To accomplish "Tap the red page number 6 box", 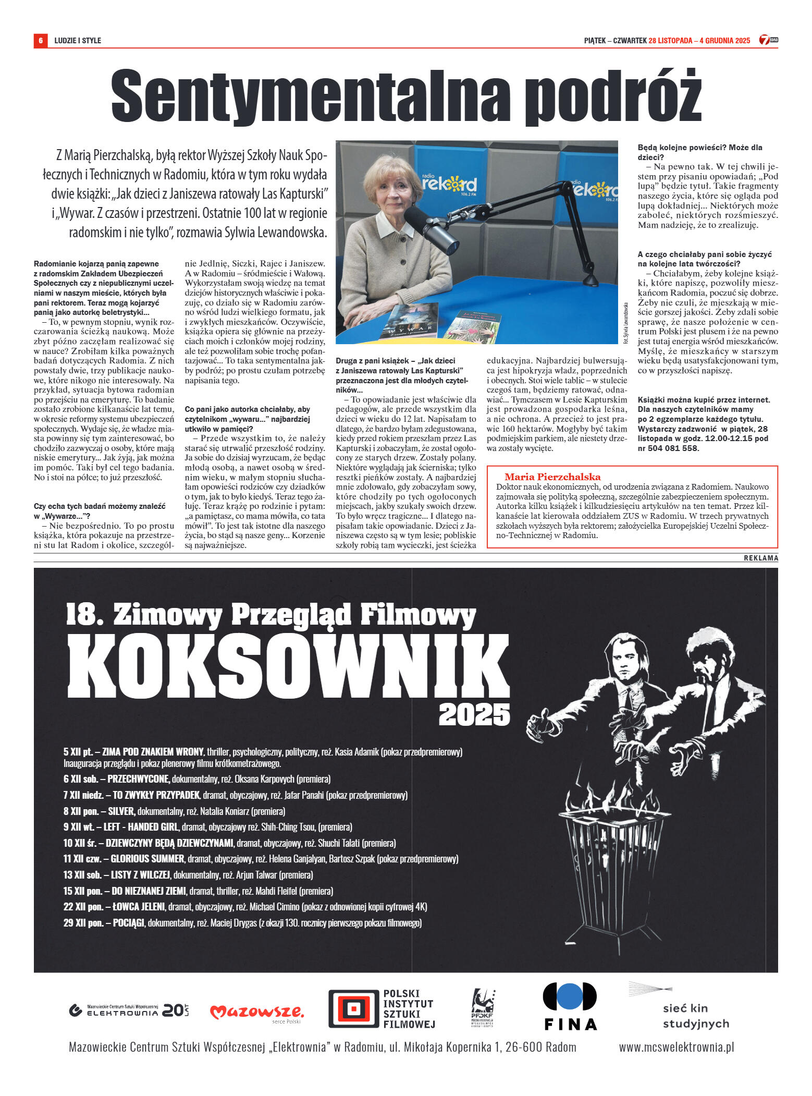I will click(x=40, y=41).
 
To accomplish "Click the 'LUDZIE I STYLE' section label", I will click(x=78, y=41).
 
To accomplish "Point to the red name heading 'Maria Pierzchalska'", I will click(x=552, y=477).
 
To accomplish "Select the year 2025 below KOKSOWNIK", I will click(x=474, y=715).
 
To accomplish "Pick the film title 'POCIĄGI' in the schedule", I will click(x=128, y=923).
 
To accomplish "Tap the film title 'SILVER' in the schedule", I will click(x=121, y=811).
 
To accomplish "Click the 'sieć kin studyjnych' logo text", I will click(x=695, y=1016).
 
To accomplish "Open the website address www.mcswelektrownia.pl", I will click(x=676, y=1047).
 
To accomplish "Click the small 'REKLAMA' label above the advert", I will click(x=760, y=558).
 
